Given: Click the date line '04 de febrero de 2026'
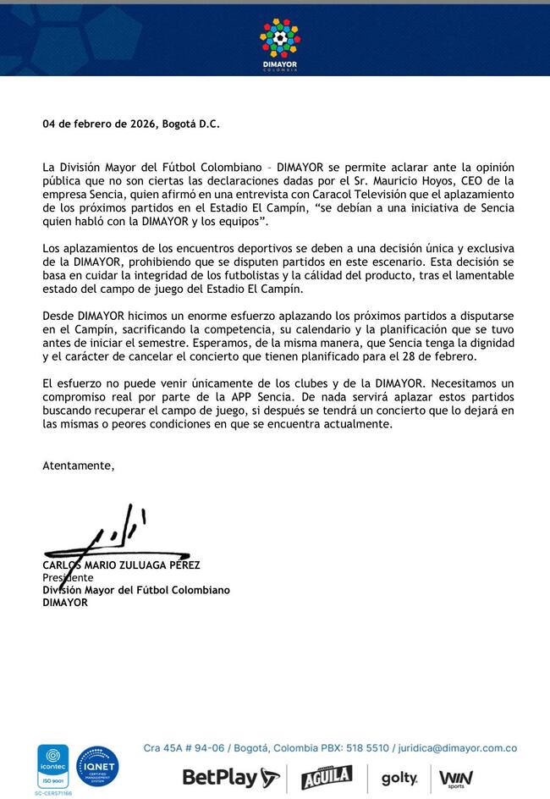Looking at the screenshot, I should coord(99,124).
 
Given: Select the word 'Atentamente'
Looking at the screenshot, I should coord(77,465).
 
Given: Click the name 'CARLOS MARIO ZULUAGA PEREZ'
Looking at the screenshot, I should coord(121,565).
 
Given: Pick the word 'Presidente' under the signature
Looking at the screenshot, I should coord(68,578).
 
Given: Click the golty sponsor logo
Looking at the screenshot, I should coord(399,778).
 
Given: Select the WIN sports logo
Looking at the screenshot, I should coord(457,778).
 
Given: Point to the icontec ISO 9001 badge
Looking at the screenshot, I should coord(52,767).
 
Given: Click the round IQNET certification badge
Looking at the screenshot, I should coord(97,767).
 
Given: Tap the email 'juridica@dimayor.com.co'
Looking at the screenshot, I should coord(461,748).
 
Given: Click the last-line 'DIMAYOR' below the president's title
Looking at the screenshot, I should coord(65,603).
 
